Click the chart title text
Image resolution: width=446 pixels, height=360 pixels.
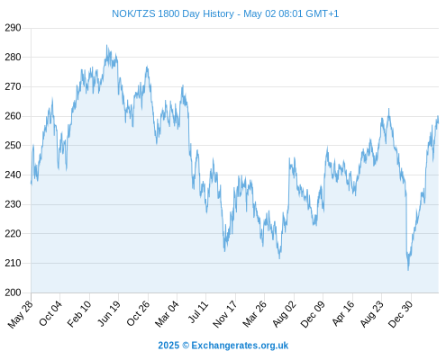225,13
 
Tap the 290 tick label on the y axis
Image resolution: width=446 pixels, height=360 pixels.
13,28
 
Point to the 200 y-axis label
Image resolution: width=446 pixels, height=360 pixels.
13,292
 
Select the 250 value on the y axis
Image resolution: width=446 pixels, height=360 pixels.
13,146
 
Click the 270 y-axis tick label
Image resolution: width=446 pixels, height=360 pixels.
13,86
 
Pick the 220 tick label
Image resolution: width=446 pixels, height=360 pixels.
13,233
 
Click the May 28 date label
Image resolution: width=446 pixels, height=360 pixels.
21,314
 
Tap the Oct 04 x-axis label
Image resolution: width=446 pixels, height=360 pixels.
50,313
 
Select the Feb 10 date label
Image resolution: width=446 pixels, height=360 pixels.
79,314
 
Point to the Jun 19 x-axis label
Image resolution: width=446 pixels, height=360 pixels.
109,313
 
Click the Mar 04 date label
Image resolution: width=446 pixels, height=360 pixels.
167,314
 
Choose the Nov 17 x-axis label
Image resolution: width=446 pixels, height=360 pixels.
225,314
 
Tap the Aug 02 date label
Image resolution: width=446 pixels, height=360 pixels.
284,314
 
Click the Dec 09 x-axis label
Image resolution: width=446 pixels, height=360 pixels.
313,314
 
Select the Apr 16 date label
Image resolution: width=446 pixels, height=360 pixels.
343,313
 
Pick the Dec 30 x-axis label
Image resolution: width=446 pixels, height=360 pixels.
400,314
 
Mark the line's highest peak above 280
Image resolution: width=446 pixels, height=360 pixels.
106,45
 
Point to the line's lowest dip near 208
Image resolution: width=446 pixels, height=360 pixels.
408,270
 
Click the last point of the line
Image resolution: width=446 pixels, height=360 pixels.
438,122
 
